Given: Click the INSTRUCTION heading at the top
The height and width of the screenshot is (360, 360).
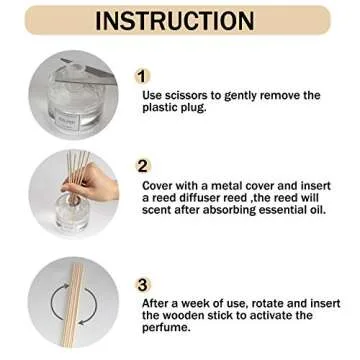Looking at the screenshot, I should (180, 22).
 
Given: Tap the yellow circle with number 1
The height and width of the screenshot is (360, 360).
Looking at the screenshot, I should (143, 76).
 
